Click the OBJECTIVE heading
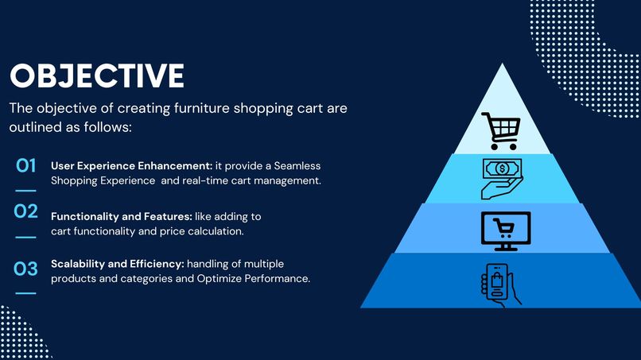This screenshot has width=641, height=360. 96,76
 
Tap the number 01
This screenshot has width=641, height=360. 26,165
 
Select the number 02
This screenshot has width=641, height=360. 26,211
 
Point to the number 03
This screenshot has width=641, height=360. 26,269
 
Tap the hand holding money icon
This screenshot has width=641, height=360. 501,178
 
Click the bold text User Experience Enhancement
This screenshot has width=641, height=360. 131,165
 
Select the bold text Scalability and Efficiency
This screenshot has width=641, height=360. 117,264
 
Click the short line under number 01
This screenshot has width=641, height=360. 26,191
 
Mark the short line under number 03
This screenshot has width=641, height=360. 26,294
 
